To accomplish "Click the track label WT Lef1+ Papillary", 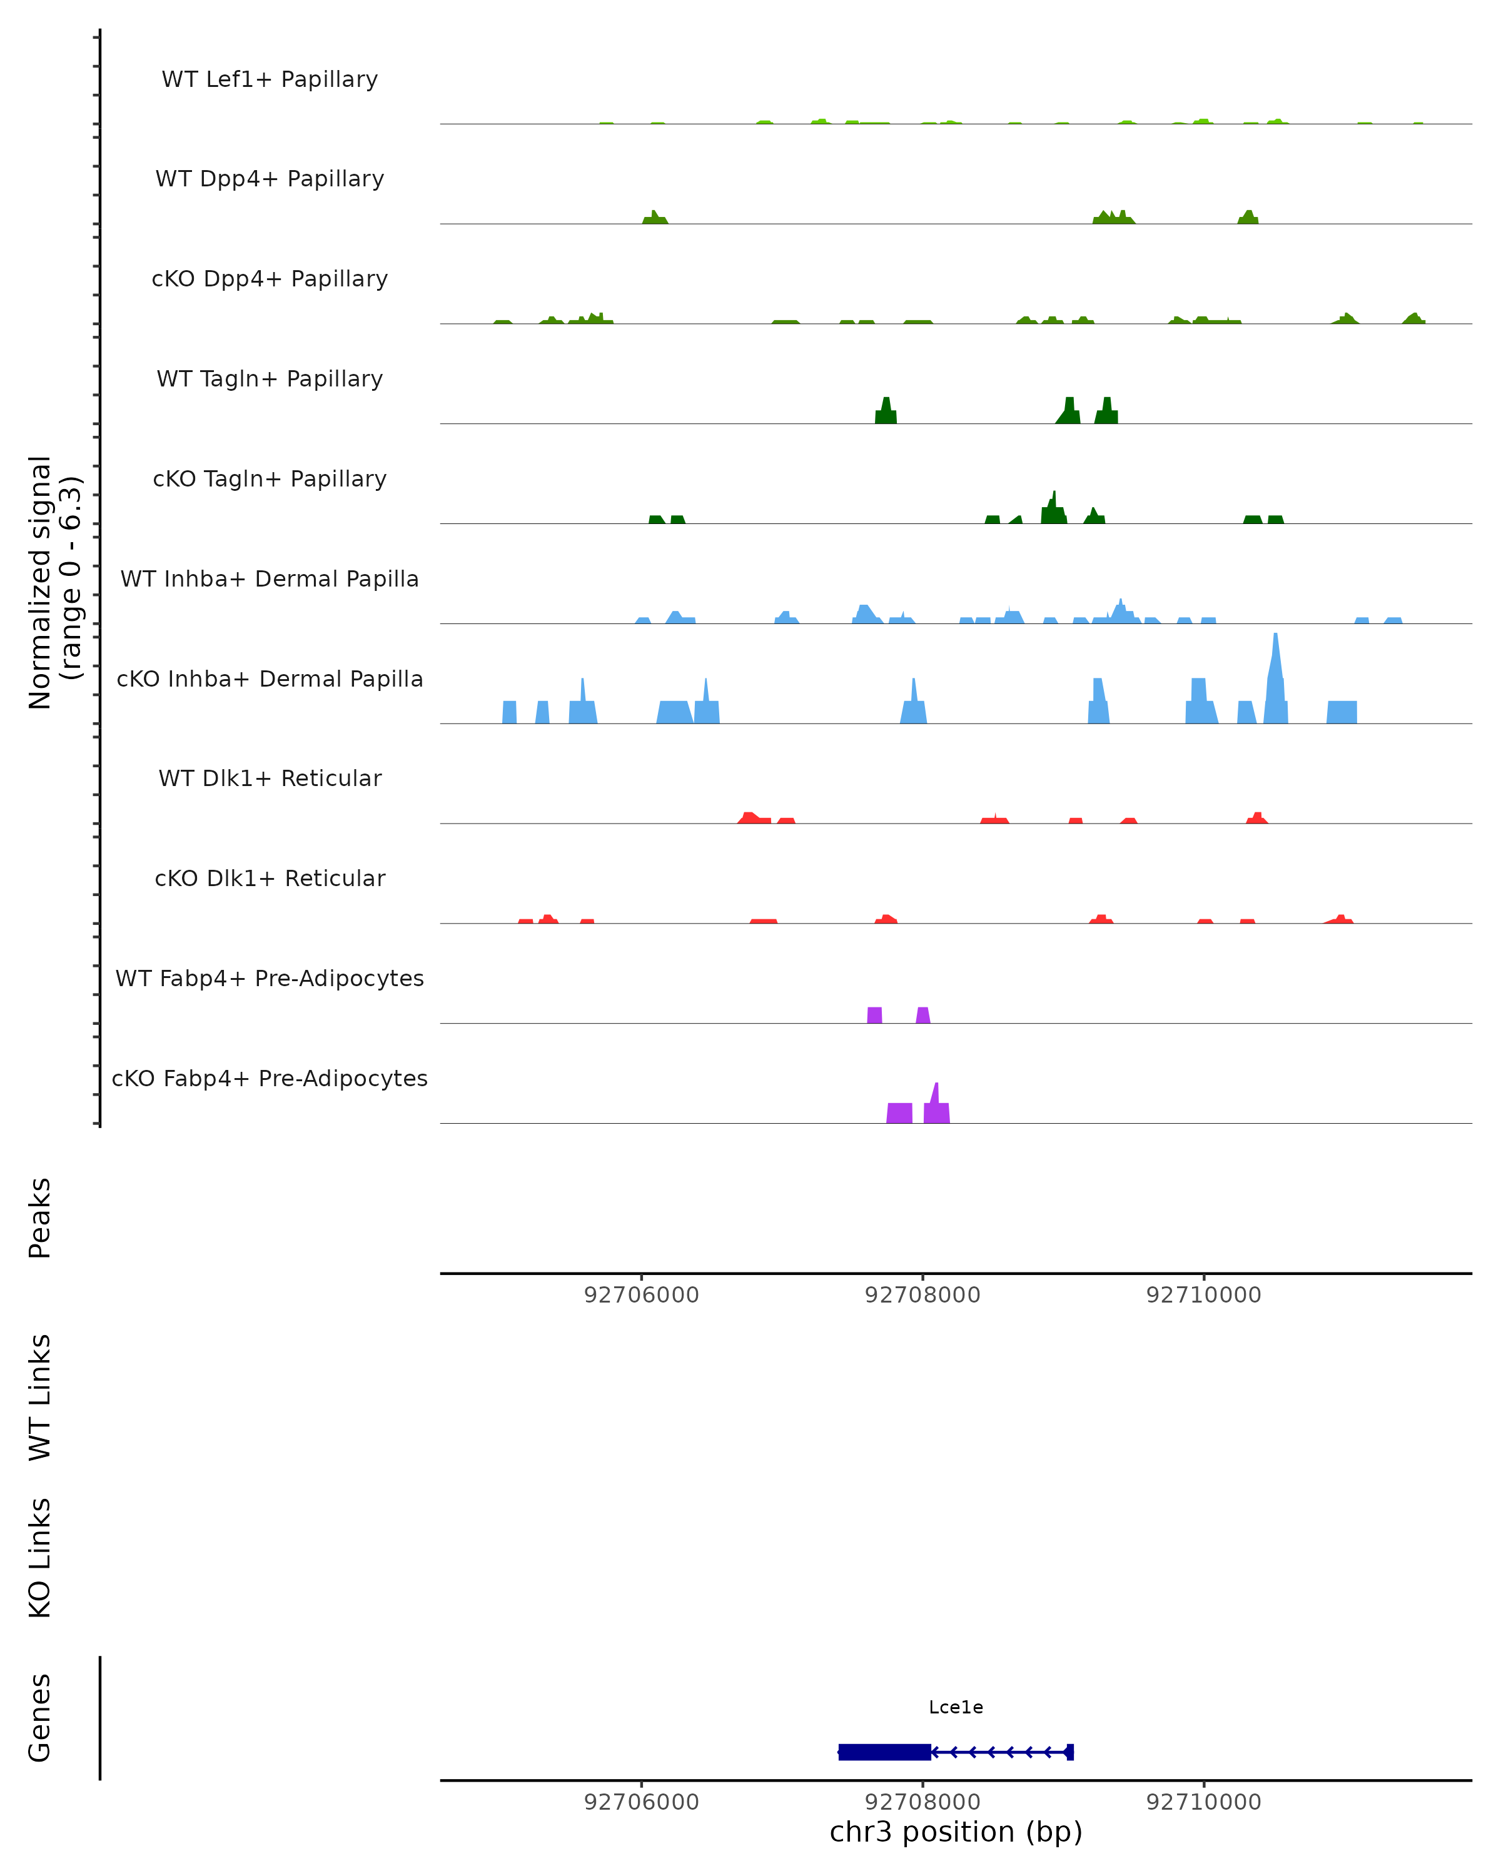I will pos(270,79).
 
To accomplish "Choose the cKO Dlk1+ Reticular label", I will pos(270,878).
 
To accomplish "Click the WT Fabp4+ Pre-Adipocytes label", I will pos(270,978).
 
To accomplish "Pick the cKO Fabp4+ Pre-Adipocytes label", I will pos(270,1078).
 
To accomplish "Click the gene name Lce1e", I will pos(956,1707).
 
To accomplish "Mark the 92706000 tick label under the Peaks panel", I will pos(641,1295).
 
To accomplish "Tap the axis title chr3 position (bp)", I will pos(956,1832).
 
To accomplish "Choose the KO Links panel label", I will pos(40,1558).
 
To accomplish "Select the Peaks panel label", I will pos(40,1218).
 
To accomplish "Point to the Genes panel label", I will pos(40,1718).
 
